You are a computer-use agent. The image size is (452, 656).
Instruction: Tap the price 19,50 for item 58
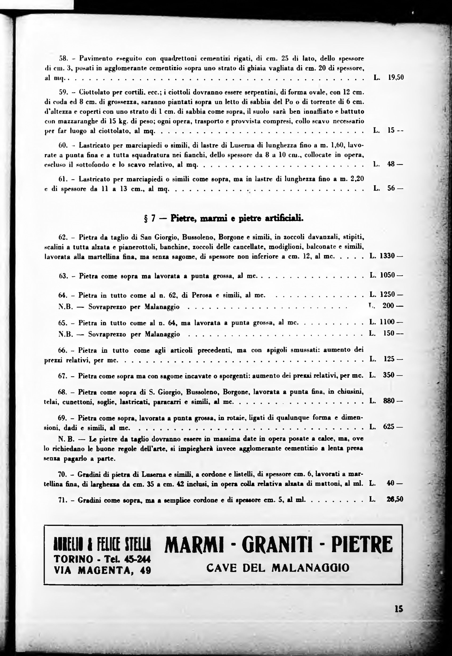[x=396, y=77]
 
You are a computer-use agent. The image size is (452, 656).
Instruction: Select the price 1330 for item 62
[x=387, y=256]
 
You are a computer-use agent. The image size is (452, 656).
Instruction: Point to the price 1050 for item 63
[x=387, y=275]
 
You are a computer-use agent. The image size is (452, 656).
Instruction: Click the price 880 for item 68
[x=389, y=401]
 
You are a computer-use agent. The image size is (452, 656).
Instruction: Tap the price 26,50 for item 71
[x=395, y=499]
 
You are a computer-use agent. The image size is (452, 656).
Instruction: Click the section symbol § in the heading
[x=146, y=219]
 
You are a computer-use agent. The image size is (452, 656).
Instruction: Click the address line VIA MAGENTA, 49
[x=102, y=570]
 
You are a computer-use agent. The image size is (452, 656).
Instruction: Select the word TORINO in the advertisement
[x=73, y=559]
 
